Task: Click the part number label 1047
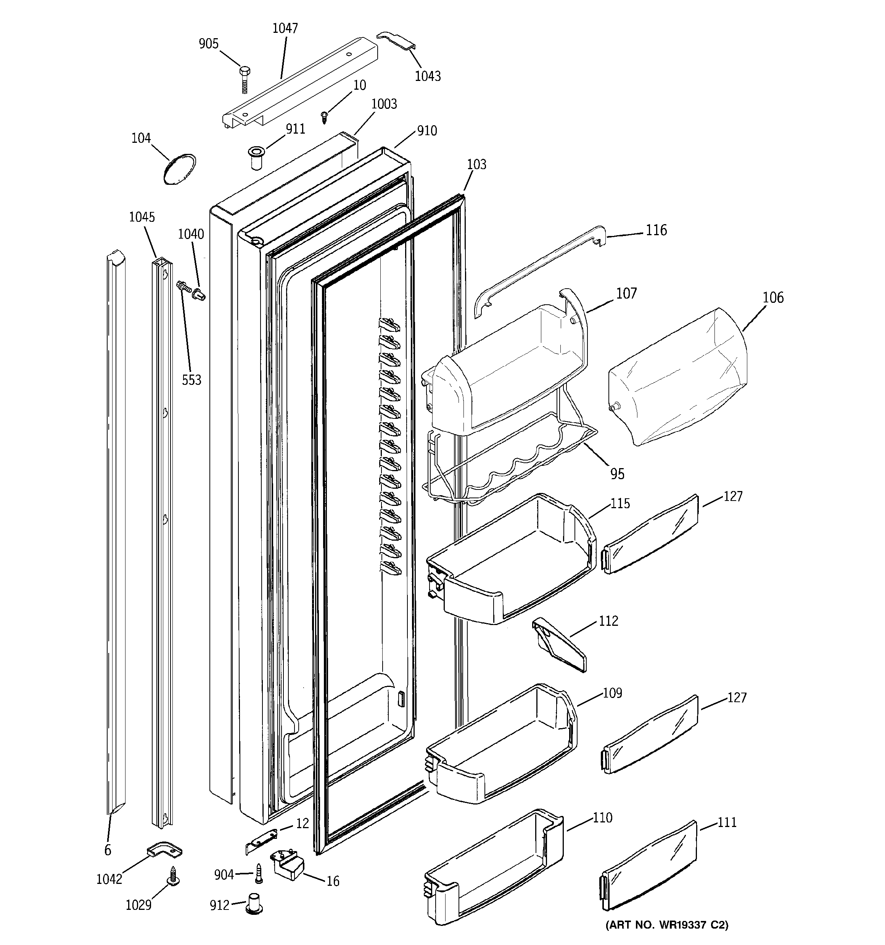tap(285, 29)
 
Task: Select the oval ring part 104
tap(179, 169)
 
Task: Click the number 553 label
tap(191, 380)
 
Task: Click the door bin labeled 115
tap(511, 561)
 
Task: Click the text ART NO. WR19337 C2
tap(666, 924)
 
